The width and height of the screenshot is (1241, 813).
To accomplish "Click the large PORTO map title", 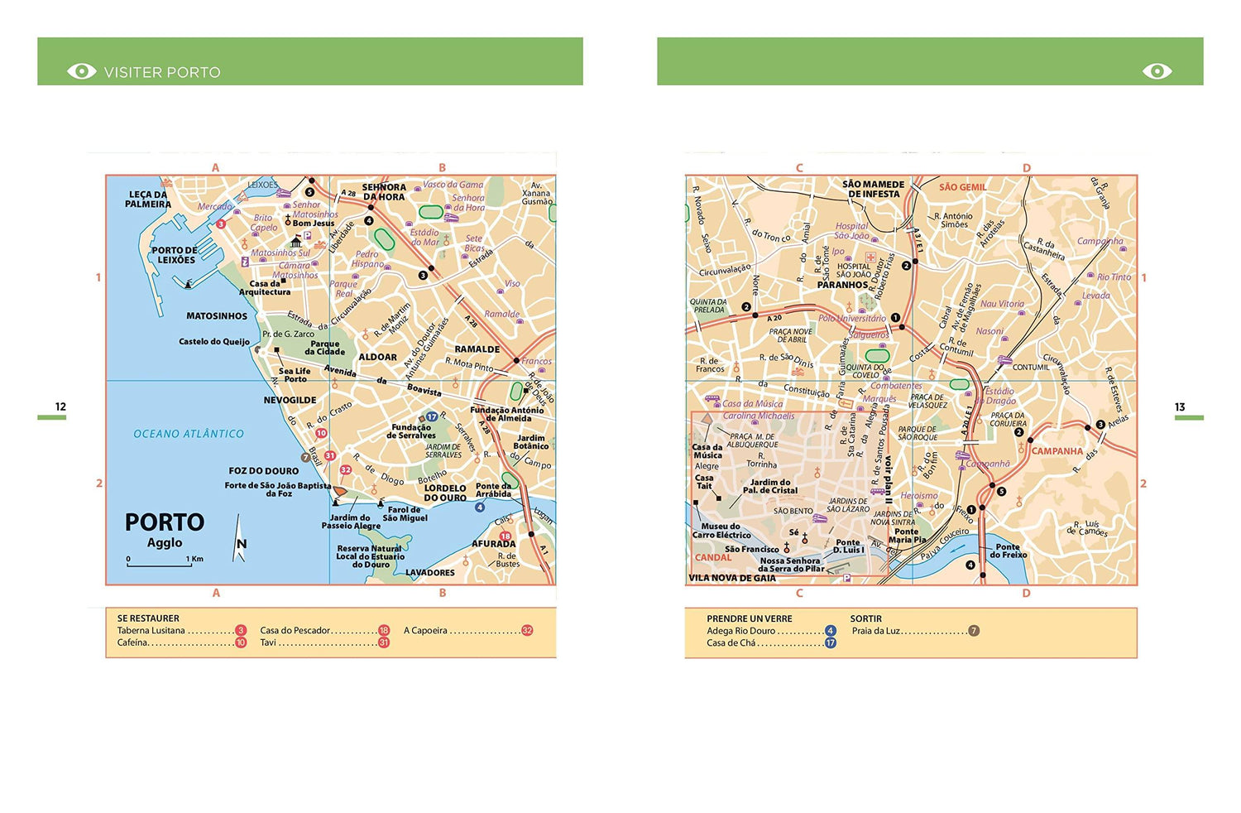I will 164,522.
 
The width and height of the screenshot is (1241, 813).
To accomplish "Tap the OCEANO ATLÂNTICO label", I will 189,434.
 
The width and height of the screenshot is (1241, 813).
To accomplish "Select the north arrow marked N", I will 240,541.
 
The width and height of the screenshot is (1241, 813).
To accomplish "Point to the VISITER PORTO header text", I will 162,72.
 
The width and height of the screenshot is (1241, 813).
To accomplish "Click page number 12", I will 60,406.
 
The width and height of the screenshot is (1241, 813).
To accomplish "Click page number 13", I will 1180,406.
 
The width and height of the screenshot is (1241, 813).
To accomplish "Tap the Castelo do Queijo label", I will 214,341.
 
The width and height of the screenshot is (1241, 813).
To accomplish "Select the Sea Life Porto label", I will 295,375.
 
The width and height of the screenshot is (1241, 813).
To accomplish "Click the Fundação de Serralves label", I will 411,431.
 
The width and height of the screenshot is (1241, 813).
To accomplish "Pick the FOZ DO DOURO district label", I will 264,470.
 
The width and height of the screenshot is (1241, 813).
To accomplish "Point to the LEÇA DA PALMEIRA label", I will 148,200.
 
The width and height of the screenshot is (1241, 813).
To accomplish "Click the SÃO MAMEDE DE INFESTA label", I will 873,189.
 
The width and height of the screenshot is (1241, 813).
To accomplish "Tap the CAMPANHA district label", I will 1057,451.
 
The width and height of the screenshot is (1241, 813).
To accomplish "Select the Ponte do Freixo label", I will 1008,551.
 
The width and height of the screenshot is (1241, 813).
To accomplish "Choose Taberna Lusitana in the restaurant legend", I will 151,631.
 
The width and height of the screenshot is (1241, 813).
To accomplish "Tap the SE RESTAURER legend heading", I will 148,618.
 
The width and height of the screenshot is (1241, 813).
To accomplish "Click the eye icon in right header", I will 1157,71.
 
